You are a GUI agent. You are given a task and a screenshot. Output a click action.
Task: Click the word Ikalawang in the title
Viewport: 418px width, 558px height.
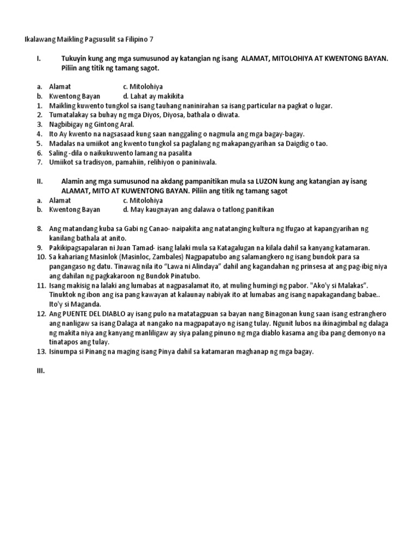(x=42, y=39)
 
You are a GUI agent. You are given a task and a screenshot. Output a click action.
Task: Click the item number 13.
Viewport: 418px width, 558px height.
(x=41, y=351)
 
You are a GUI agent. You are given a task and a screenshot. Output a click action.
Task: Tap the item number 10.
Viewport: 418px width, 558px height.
(x=41, y=256)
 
